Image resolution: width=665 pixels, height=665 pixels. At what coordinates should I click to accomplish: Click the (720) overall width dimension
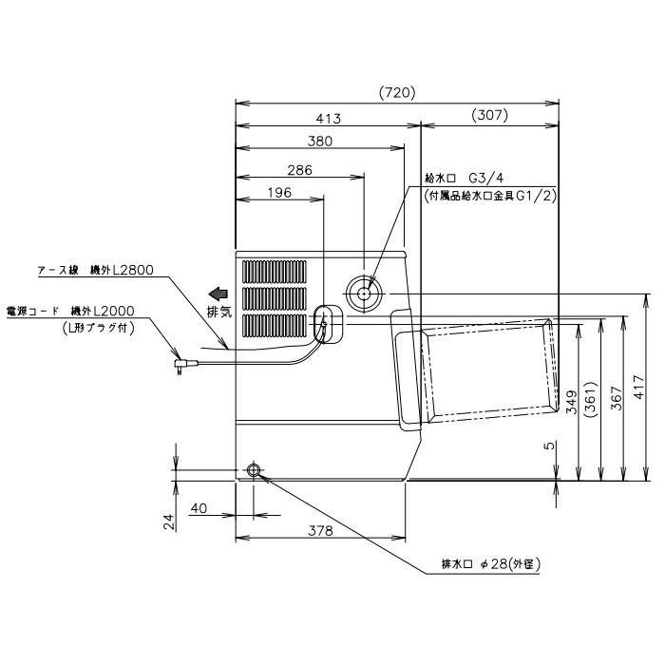[x=397, y=92]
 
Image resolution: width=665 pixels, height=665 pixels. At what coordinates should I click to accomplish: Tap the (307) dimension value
[x=489, y=116]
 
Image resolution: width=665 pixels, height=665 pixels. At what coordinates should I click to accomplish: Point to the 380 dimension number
[x=319, y=142]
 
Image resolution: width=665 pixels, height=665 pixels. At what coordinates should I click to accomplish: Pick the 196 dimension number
[x=279, y=193]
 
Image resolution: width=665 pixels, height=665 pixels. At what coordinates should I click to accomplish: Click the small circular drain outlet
[x=254, y=470]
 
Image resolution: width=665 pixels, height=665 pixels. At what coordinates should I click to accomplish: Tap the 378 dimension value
[x=319, y=532]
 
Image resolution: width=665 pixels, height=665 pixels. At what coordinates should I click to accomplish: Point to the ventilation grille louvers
[x=276, y=297]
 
